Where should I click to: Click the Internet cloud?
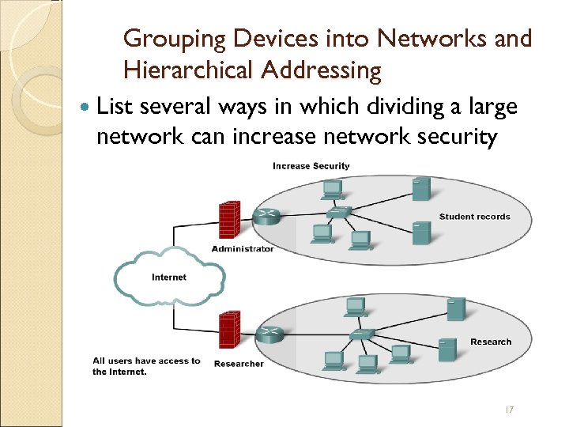point(169,277)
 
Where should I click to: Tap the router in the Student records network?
point(266,216)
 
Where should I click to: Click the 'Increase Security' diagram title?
point(311,166)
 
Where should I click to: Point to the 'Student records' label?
point(474,217)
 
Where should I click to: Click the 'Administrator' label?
point(243,249)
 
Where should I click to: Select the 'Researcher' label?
point(238,364)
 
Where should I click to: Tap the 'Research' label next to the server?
point(491,342)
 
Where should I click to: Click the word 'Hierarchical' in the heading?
point(186,71)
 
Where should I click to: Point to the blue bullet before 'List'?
point(85,107)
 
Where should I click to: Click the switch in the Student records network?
point(341,212)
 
